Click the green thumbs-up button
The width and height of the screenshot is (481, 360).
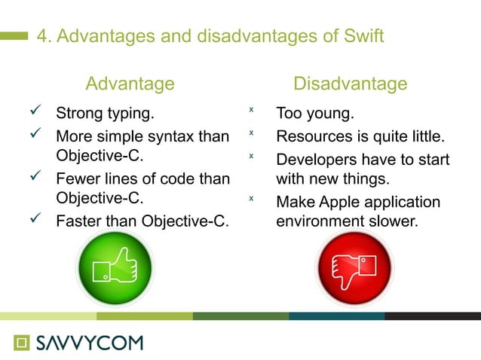115,270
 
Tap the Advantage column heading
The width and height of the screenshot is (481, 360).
130,84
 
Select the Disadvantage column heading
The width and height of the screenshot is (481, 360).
350,84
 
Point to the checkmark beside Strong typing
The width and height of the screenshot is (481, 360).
35,114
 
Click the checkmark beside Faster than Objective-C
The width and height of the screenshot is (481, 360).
35,221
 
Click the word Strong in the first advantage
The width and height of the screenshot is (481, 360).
78,115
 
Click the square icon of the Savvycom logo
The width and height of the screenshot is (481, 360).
23,343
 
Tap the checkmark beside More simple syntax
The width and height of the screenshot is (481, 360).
35,136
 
